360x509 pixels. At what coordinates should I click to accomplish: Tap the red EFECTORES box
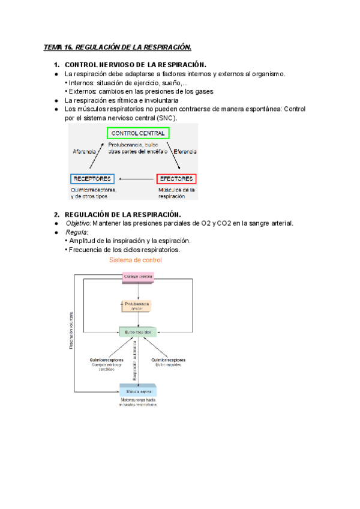click(176, 179)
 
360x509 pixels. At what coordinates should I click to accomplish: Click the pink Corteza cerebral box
click(138, 276)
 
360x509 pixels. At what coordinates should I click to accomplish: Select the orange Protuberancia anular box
click(139, 306)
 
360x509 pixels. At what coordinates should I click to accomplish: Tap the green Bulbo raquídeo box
click(139, 331)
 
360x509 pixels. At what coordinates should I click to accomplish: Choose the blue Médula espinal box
click(139, 390)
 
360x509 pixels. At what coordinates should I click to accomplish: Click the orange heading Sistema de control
click(136, 260)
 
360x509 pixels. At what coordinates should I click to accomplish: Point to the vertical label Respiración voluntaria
click(71, 330)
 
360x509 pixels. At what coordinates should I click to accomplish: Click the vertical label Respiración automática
click(135, 360)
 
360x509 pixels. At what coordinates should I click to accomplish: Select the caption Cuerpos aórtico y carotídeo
click(106, 367)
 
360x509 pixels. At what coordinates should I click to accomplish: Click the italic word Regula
click(76, 232)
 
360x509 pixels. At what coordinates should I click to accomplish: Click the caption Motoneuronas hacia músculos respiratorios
click(138, 402)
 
